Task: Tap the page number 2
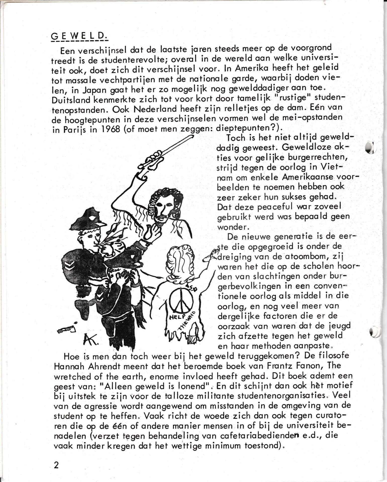point(56,465)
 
